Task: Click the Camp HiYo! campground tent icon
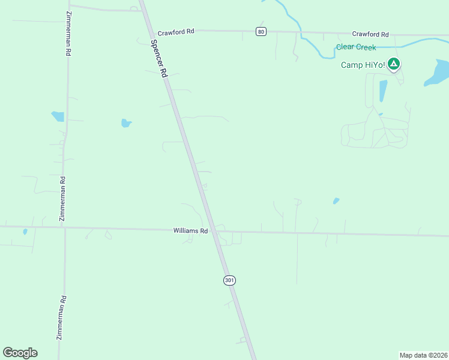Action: [393, 63]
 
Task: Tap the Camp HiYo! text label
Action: [362, 65]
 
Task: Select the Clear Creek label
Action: [356, 47]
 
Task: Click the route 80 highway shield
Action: [261, 31]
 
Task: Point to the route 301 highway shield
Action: [229, 280]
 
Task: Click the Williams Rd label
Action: [190, 230]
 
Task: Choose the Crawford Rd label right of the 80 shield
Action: [370, 35]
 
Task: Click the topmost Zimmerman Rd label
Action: [69, 34]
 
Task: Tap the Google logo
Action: [20, 353]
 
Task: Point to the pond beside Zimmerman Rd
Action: [58, 116]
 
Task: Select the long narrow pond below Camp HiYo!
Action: [382, 91]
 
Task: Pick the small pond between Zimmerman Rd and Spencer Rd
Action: [125, 123]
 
